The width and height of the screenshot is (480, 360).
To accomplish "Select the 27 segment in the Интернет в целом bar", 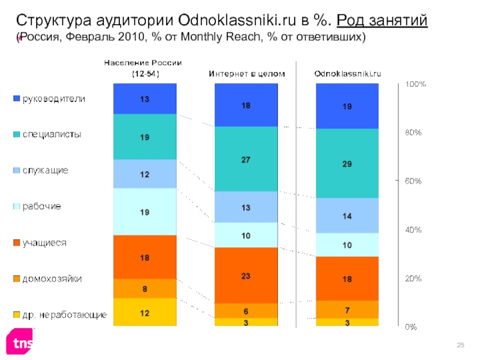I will pos(246,159).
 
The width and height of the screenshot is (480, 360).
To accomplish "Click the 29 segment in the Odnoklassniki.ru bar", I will pos(347,163).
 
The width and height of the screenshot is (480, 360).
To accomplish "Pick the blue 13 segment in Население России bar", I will pos(145,99).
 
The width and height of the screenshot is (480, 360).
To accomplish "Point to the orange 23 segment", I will pos(246,275).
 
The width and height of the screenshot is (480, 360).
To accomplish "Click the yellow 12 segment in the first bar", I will pos(145,312).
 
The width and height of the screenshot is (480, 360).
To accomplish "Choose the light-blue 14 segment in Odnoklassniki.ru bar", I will pos(347,215).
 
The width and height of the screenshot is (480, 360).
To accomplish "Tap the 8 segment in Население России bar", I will pos(145,289).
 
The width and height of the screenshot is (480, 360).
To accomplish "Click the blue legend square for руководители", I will pos(17,98).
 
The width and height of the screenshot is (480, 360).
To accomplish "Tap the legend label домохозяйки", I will pos(52,279).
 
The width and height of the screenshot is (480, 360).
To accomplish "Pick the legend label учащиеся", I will pos(44,242).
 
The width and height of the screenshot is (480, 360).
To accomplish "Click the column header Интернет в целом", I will pos(247,74).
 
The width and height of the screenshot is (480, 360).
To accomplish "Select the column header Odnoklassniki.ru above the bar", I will pos(348,74).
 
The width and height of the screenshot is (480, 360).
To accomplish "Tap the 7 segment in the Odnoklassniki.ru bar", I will pos(347,309).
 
